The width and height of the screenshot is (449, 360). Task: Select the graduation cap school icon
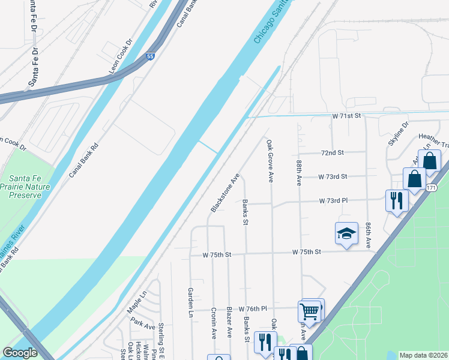tap(346, 233)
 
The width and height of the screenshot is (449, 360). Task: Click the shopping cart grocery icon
tap(309, 311)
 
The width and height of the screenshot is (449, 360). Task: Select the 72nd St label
tap(331, 153)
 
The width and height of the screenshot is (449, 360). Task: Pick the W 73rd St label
tap(333, 176)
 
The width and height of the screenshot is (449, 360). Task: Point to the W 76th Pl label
tap(252, 308)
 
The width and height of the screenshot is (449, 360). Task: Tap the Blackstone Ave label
tap(225, 193)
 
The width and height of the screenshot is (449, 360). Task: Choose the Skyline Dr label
tap(398, 133)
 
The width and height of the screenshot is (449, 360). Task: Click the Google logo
tap(20, 353)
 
